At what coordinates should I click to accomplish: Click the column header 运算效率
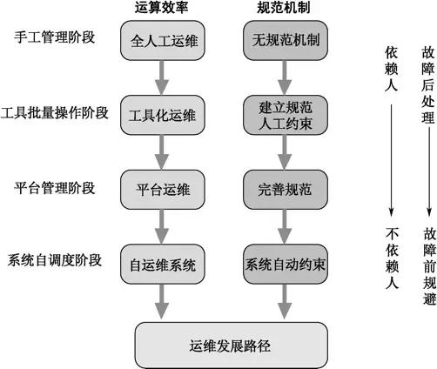[161, 11]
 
